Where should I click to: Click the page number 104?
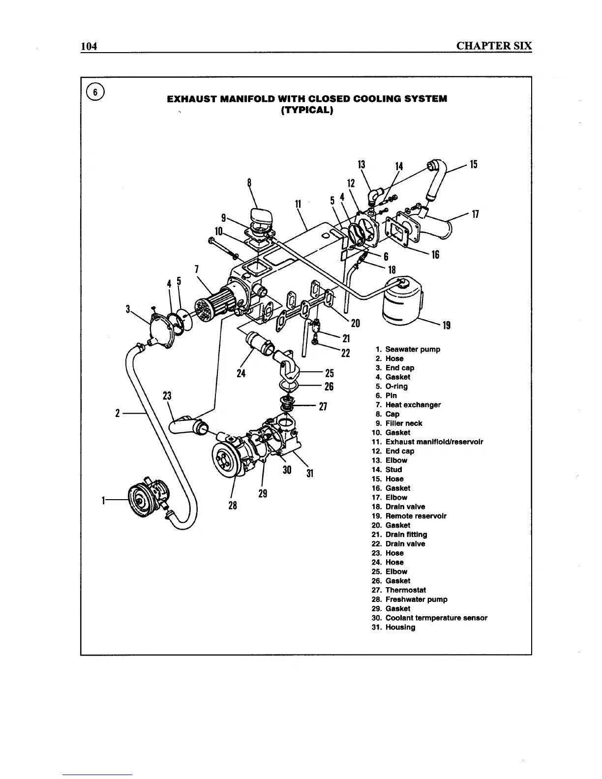[x=90, y=46]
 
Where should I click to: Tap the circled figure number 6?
[x=95, y=91]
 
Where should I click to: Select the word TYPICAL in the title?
[x=307, y=110]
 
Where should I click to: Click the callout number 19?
[x=447, y=325]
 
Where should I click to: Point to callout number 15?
[x=474, y=164]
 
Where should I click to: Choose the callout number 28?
[x=233, y=505]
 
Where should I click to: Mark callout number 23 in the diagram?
[x=167, y=396]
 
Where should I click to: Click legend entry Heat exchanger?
[x=413, y=405]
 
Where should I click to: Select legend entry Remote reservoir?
[x=416, y=516]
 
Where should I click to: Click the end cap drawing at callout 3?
[x=158, y=330]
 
